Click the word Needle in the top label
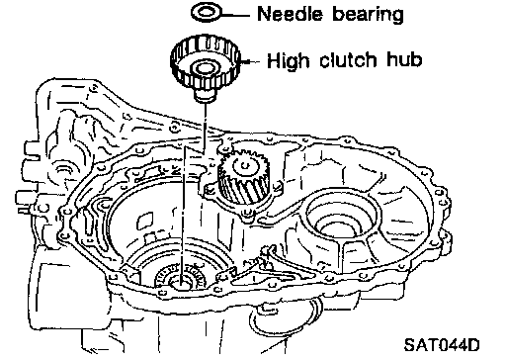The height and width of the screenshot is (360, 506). (x=289, y=14)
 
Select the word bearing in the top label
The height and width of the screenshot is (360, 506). (x=368, y=15)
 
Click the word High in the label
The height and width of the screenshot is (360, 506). (x=288, y=61)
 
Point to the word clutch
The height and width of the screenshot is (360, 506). (x=348, y=60)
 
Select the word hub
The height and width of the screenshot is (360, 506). (x=404, y=59)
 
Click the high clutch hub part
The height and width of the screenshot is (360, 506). (x=205, y=67)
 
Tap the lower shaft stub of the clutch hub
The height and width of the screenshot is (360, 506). (x=205, y=96)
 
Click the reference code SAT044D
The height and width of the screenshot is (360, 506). (x=442, y=345)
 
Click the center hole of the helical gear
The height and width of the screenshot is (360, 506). (x=244, y=164)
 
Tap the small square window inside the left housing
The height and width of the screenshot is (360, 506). (x=145, y=221)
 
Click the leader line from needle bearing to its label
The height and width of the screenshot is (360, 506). (x=235, y=14)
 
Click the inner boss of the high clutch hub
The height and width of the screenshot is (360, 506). (x=204, y=70)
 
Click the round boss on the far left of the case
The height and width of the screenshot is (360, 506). (x=64, y=169)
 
